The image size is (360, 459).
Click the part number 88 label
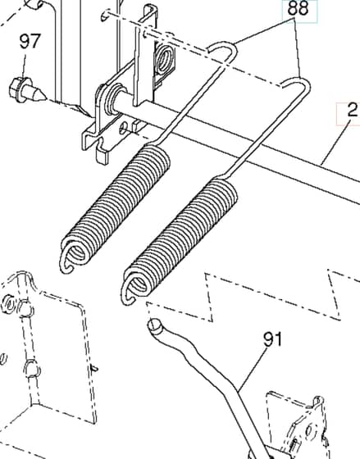coord(298,9)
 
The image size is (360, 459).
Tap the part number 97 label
coord(30,41)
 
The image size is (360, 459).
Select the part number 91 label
coord(273,339)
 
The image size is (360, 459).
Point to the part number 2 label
coord(353,110)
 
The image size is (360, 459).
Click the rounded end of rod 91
coord(155,325)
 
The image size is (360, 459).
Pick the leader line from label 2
coord(335,141)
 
